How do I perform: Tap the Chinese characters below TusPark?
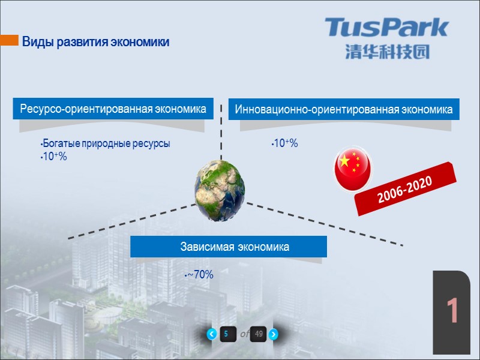pos(387,52)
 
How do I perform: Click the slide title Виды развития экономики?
pos(95,43)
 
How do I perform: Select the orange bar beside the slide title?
pos(9,40)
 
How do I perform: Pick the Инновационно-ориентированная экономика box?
pos(344,110)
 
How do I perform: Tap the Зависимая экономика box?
pos(229,247)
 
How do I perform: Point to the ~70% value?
pos(200,275)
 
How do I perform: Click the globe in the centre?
pos(220,186)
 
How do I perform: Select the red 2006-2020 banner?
pos(405,188)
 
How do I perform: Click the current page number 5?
pos(227,334)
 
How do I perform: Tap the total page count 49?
pos(259,334)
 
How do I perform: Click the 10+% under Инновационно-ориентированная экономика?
pos(285,144)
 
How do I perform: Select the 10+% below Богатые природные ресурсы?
pos(53,157)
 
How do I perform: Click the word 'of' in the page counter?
pos(244,334)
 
